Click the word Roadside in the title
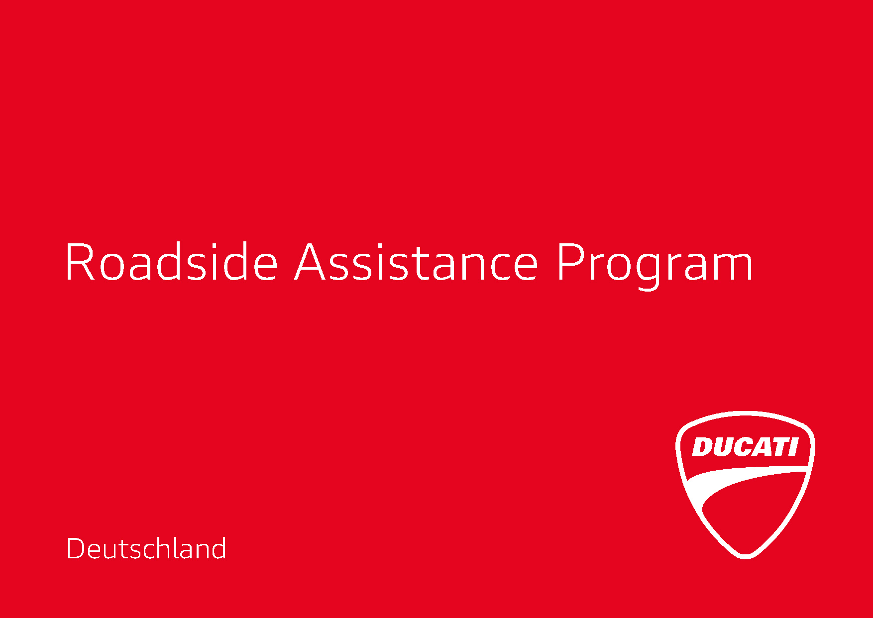click(171, 262)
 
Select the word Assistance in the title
click(416, 262)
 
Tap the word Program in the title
click(655, 266)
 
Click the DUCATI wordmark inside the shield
click(745, 447)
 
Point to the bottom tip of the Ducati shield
click(746, 558)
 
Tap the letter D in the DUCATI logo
click(702, 447)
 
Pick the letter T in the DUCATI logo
click(780, 447)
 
